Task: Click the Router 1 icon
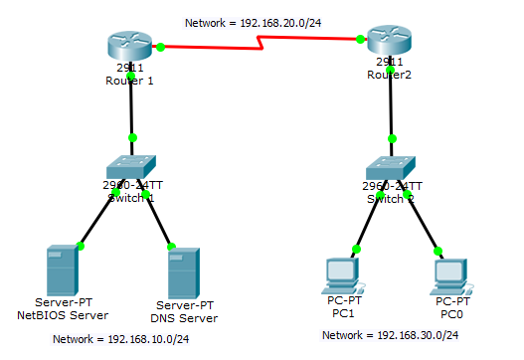131,46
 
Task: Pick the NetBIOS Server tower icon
62,267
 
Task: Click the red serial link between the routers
261,43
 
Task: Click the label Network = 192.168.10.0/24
121,339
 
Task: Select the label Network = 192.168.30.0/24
392,335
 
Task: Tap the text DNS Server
186,318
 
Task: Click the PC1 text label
341,312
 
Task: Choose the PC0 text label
452,312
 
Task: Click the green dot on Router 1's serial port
159,46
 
